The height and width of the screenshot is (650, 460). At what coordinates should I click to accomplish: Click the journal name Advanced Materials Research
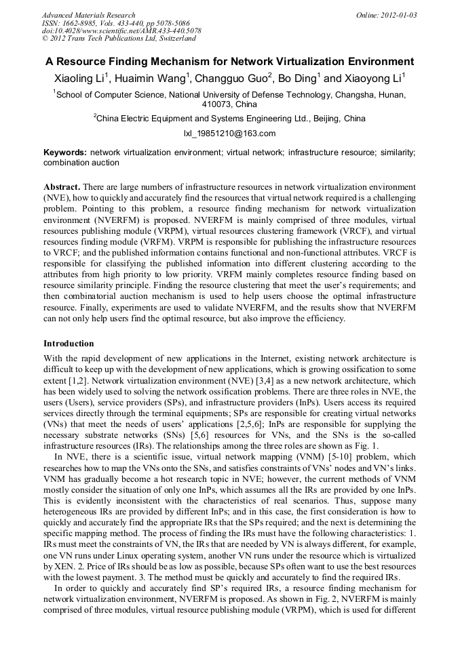pyautogui.click(x=88, y=15)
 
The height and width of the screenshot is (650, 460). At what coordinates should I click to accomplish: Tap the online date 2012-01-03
pyautogui.click(x=396, y=15)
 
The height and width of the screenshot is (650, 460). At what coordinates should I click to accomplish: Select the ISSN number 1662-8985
pyautogui.click(x=85, y=23)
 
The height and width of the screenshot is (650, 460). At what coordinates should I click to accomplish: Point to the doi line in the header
pyautogui.click(x=121, y=31)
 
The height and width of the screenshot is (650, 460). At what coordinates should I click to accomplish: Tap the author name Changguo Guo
pyautogui.click(x=231, y=79)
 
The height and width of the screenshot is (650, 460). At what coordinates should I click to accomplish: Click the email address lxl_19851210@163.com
pyautogui.click(x=229, y=134)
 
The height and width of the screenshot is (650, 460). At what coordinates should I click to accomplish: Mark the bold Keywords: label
pyautogui.click(x=65, y=153)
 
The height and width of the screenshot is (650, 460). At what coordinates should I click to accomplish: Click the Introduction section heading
pyautogui.click(x=69, y=344)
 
